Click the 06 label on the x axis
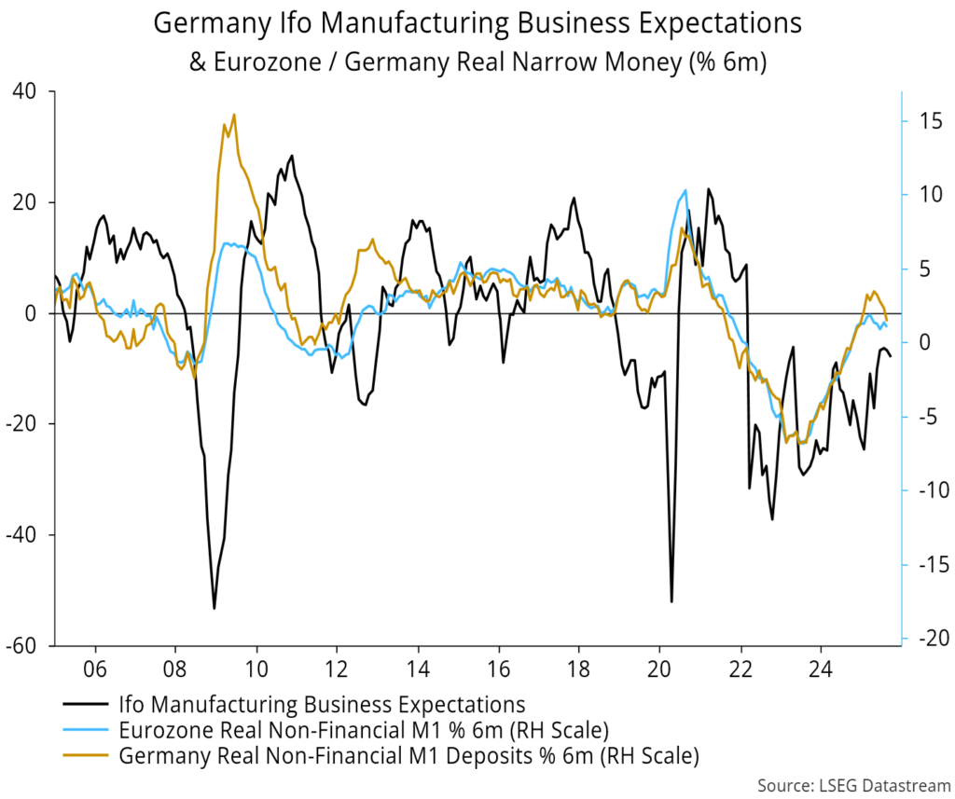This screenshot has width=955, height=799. click(95, 669)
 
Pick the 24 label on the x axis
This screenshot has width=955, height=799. click(821, 669)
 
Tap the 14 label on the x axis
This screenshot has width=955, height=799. click(418, 669)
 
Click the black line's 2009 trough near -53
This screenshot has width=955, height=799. click(215, 609)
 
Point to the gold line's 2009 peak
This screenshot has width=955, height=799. click(233, 115)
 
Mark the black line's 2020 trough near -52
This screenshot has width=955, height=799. click(671, 601)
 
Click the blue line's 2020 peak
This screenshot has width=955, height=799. click(685, 190)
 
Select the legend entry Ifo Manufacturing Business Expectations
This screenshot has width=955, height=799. click(322, 704)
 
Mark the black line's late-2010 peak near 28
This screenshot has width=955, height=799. click(291, 156)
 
